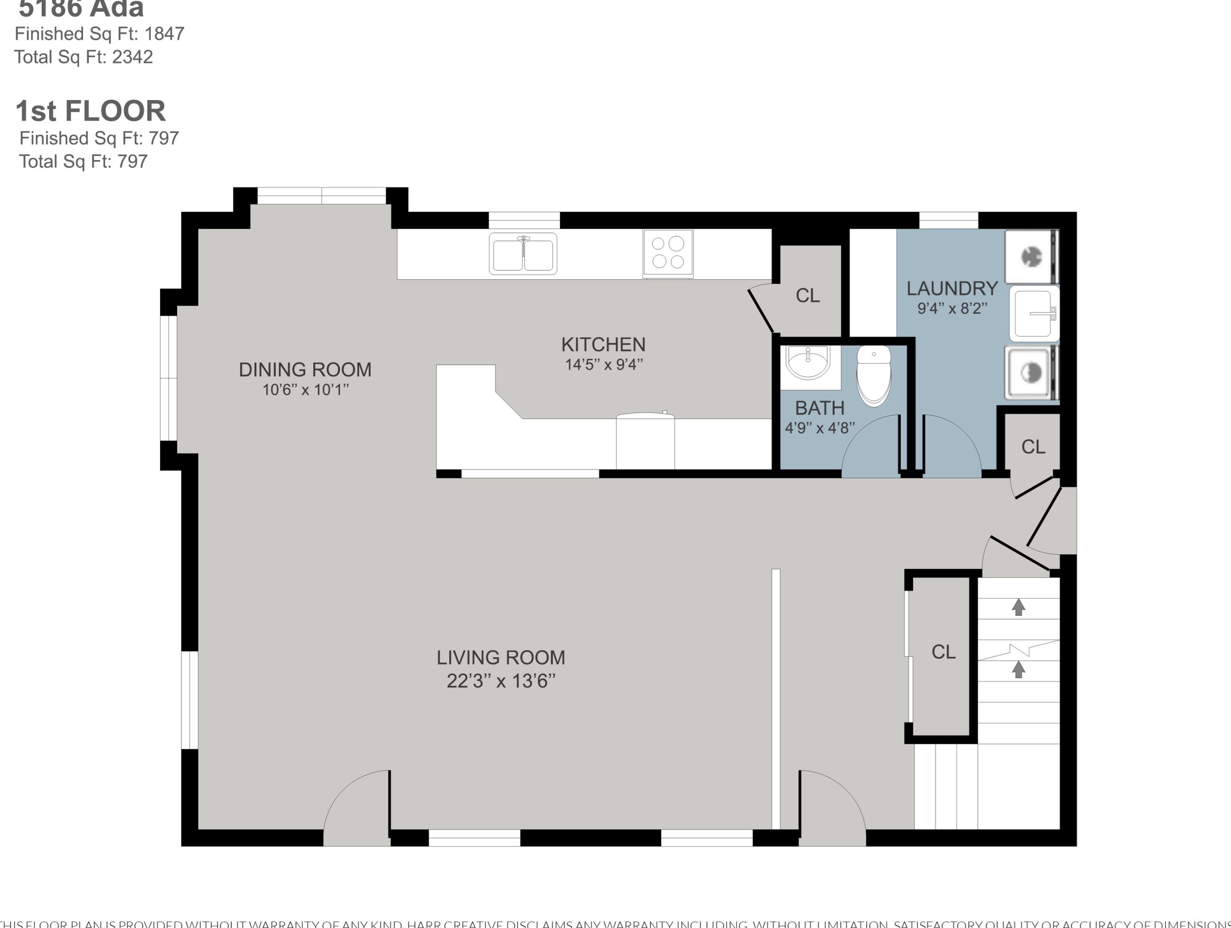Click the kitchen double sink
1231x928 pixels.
tap(523, 254)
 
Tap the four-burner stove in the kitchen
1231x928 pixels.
tap(668, 253)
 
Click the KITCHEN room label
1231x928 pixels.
tap(603, 344)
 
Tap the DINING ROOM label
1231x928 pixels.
tap(305, 369)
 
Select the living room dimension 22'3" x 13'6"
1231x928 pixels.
tap(501, 681)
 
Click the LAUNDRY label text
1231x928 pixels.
tap(952, 288)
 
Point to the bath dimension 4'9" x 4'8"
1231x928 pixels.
tap(819, 427)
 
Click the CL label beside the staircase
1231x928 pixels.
tap(943, 652)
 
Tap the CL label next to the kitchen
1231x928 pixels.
tap(807, 295)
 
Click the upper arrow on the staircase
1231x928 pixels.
tap(1019, 607)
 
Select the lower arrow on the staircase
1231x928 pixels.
tap(1019, 669)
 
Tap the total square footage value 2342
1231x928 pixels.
tap(132, 57)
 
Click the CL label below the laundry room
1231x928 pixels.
tap(1033, 447)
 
